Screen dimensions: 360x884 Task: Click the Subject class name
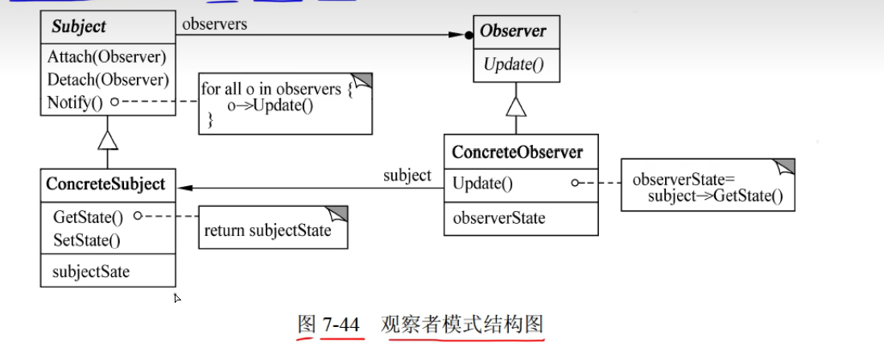79,27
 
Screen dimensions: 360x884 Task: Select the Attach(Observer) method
106,57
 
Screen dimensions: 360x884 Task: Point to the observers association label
214,24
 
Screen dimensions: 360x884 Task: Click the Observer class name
513,31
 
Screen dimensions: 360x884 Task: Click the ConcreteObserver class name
518,151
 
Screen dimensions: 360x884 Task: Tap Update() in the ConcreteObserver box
482,183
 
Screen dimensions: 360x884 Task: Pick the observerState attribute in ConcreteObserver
499,217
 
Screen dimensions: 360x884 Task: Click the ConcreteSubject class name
105,184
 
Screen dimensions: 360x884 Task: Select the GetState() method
89,217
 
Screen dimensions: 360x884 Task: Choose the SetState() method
86,239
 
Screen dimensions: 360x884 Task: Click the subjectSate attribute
91,271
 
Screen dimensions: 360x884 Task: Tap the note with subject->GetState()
706,186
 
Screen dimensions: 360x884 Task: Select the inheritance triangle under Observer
516,106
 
